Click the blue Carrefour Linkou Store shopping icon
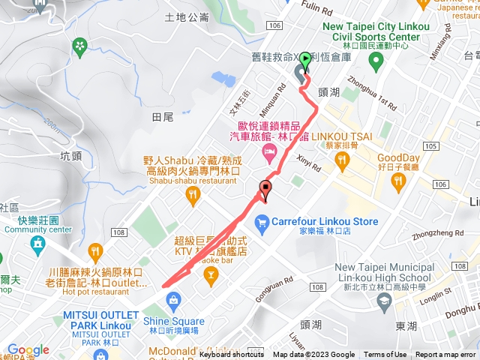coord(262,222)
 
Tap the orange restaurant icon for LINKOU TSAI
coord(343,159)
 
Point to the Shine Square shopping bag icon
coord(174,301)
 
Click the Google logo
coord(28,349)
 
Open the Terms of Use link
coord(385,355)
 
